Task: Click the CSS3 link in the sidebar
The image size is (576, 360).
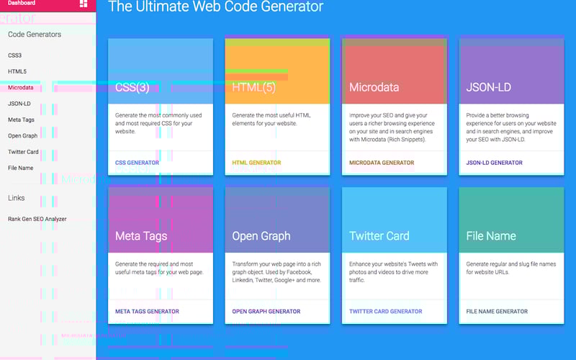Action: (15, 55)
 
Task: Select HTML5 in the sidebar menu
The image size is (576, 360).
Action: (17, 71)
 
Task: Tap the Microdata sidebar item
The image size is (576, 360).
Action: (20, 88)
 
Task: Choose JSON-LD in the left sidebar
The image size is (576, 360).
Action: (19, 104)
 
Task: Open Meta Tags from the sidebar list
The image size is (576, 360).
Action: (21, 120)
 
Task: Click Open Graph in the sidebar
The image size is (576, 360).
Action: (22, 135)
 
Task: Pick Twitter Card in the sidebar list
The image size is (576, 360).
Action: (23, 152)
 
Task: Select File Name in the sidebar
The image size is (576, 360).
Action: (20, 168)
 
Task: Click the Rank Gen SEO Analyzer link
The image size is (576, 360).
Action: (37, 219)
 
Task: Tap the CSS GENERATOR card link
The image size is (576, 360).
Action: (137, 163)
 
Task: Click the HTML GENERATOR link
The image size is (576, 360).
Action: (256, 163)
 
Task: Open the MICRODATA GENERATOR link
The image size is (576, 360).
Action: (382, 163)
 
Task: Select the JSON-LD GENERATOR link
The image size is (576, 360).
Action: (494, 163)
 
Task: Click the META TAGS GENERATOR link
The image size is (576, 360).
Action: (147, 312)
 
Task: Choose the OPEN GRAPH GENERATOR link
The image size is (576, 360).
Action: (266, 312)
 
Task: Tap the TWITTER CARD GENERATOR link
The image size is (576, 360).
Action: (385, 312)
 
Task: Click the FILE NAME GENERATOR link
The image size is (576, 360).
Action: (497, 312)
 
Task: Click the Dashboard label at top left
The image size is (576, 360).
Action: (22, 4)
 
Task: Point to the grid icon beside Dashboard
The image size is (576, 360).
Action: (84, 4)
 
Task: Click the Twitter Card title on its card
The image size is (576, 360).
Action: (379, 235)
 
